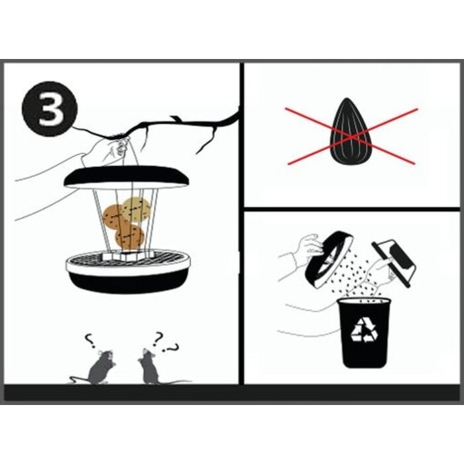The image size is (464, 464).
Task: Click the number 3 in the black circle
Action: coord(51,110)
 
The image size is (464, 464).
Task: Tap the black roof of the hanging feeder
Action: coord(127,177)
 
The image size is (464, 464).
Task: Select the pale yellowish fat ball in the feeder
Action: coord(137,210)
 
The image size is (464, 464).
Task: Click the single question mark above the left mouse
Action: coord(89,341)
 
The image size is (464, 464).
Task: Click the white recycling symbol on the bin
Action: coord(363,330)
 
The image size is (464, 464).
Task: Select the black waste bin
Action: coord(364,333)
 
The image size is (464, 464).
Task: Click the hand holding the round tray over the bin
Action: coord(310,246)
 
